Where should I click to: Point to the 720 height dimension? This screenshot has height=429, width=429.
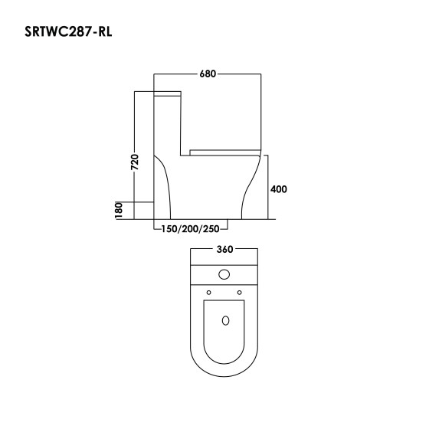coord(135,162)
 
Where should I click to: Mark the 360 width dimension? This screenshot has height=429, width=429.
coord(224,250)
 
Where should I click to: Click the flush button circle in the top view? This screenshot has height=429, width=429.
coord(224,273)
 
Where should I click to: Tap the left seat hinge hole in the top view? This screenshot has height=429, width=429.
coord(208,292)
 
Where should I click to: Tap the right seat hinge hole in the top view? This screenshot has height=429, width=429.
coord(240,292)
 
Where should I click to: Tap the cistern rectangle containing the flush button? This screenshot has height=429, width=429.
coord(224,273)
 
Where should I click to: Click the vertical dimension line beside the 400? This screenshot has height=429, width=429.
coord(267,189)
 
